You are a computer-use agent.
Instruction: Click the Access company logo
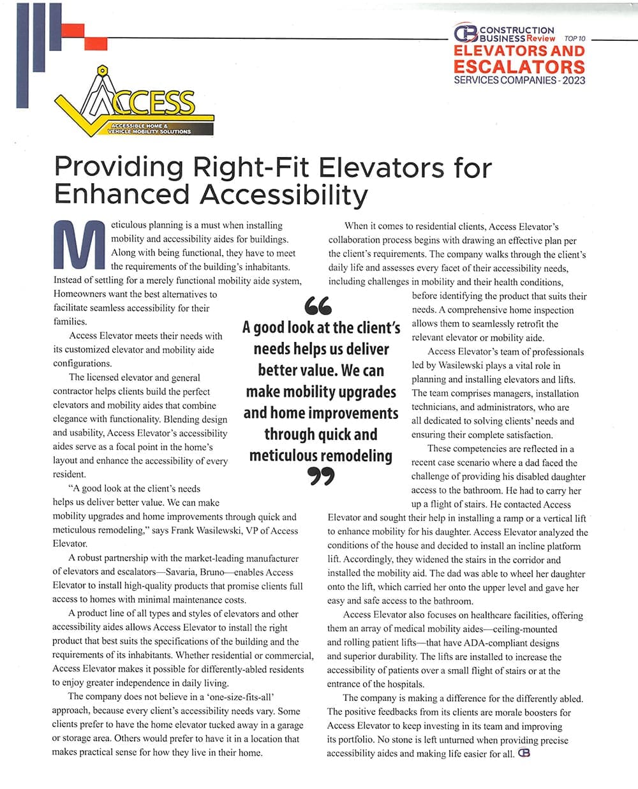click(135, 105)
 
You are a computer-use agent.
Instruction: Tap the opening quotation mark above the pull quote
click(318, 306)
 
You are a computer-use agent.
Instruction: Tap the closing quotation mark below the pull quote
click(322, 476)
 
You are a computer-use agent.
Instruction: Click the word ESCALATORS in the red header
click(519, 66)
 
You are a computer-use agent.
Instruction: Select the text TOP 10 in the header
click(575, 38)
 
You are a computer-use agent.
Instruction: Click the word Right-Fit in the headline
click(251, 167)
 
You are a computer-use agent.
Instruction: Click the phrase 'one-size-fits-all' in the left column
click(237, 697)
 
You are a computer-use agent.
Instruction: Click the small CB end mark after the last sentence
click(524, 753)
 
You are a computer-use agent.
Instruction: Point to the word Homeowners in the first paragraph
click(82, 294)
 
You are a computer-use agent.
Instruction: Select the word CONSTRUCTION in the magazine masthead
click(516, 30)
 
